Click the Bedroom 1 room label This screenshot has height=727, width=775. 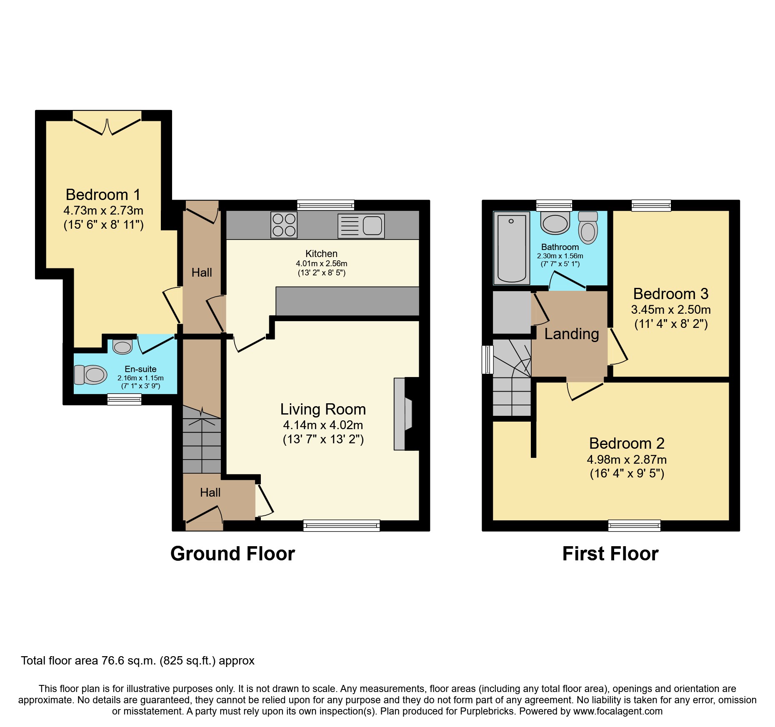(103, 195)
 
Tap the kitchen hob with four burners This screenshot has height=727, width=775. (284, 225)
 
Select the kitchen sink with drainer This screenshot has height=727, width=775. (361, 226)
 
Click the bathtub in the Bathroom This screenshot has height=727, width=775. (511, 248)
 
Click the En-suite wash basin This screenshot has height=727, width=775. (122, 347)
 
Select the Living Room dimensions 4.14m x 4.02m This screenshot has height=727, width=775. (323, 425)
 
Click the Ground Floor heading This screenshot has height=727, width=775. (232, 554)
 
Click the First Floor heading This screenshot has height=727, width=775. (610, 554)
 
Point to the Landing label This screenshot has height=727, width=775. (571, 334)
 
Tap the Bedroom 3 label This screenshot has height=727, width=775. (670, 294)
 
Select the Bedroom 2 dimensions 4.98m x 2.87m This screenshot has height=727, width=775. (627, 460)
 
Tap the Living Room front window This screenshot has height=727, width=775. (341, 526)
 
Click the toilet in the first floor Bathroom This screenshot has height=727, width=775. (588, 228)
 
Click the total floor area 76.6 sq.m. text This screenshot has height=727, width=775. (137, 661)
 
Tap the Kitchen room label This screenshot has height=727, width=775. (321, 254)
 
